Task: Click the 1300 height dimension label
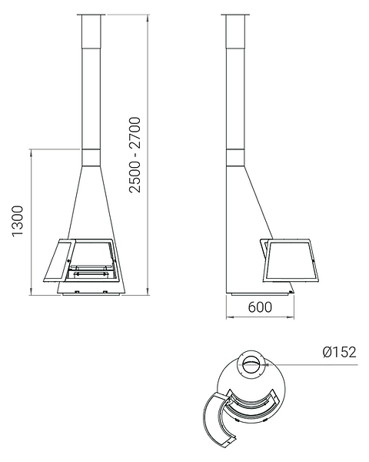click(x=18, y=221)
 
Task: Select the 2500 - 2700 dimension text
click(x=135, y=155)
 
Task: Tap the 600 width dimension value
click(x=260, y=307)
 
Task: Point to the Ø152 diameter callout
click(x=339, y=352)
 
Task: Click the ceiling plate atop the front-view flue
click(x=91, y=14)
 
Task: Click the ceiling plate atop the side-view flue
click(x=235, y=14)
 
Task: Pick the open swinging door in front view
click(x=59, y=261)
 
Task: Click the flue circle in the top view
click(x=251, y=363)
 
